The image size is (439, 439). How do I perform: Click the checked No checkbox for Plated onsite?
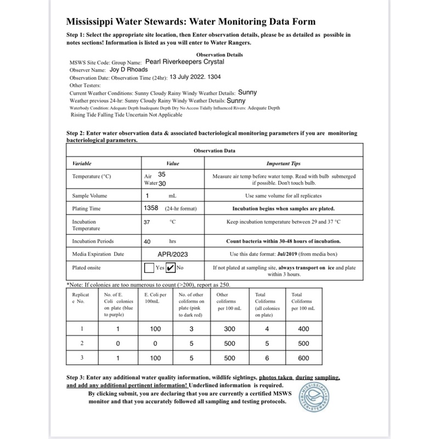coord(170,268)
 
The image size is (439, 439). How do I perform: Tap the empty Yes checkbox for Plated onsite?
coord(149,268)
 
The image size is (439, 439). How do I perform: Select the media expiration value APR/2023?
coord(173,255)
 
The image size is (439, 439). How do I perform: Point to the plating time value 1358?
coord(151,209)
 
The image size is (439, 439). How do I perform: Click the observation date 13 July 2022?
coord(193,78)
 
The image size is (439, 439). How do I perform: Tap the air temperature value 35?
coord(161,173)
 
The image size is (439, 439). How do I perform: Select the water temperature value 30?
coord(162,183)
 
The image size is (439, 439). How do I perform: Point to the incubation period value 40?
coord(147,241)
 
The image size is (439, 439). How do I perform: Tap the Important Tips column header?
coord(283,164)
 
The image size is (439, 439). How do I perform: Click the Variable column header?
coord(82,164)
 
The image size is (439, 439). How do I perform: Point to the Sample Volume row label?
coord(90,196)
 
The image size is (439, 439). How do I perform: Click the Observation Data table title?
coord(215,150)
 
